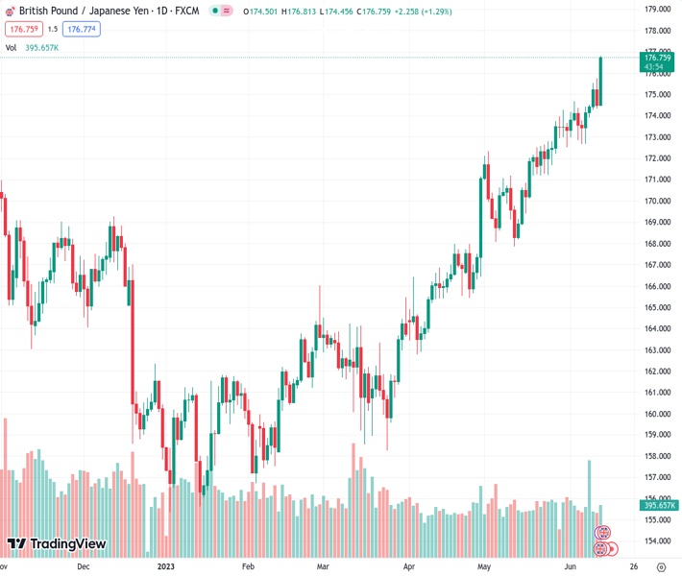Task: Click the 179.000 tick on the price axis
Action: (657, 10)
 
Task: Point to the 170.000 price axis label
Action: (657, 201)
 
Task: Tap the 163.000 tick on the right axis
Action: (657, 349)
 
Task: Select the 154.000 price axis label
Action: (657, 541)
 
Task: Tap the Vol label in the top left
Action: (11, 47)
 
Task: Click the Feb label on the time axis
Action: (248, 566)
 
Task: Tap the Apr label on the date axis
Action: (410, 566)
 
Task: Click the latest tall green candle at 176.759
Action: (601, 82)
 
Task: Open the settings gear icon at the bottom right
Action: (659, 566)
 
